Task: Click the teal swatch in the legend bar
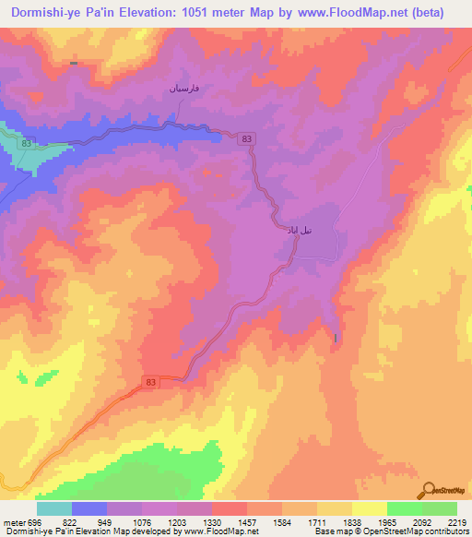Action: (x=54, y=508)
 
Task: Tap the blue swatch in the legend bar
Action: (x=89, y=508)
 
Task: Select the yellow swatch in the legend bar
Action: (x=369, y=508)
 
